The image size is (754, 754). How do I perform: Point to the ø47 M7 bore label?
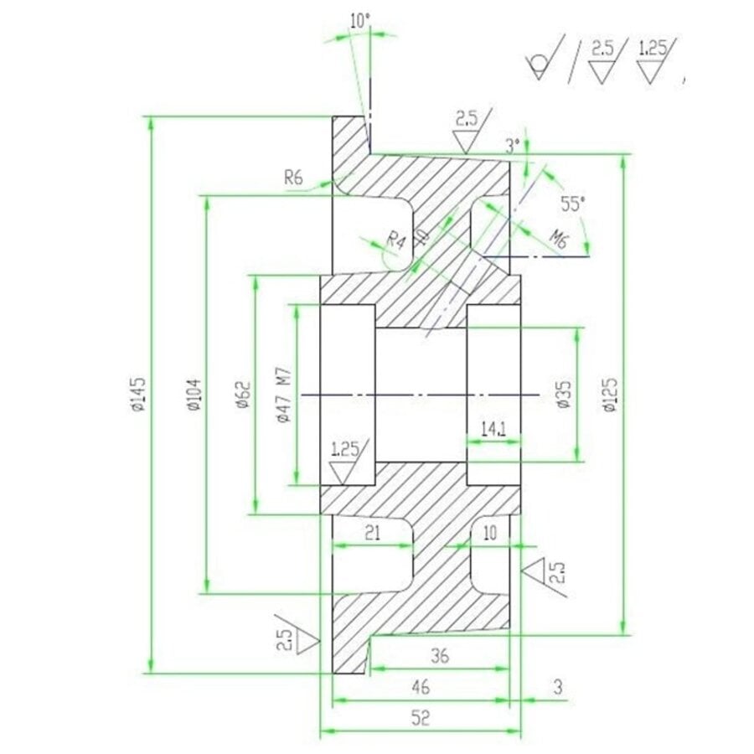pos(283,395)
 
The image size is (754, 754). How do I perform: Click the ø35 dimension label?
pos(563,394)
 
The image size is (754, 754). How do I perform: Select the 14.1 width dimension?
pos(493,429)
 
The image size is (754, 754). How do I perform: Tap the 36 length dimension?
pos(438,656)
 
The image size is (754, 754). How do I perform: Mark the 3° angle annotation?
pos(514,144)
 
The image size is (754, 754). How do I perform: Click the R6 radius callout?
pos(293,177)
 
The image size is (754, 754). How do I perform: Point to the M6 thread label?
pos(559,241)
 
